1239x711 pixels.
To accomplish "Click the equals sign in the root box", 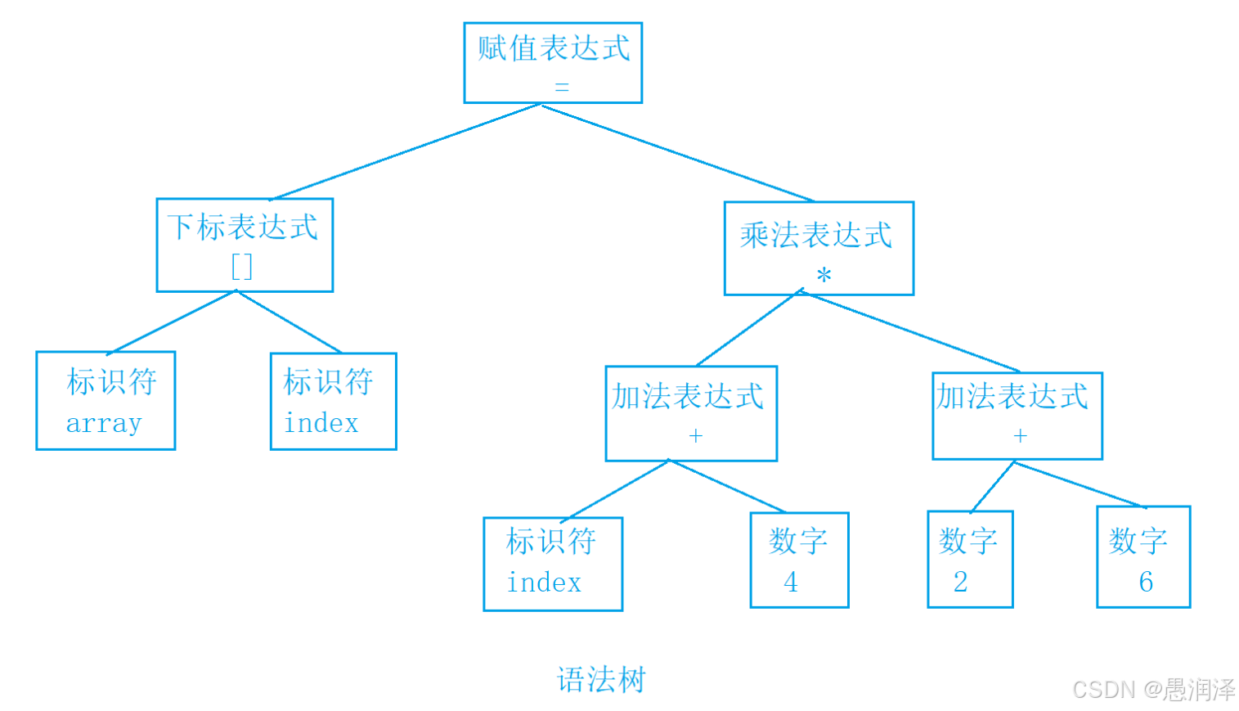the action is tap(562, 87).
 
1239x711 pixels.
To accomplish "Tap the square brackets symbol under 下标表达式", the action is tap(242, 267).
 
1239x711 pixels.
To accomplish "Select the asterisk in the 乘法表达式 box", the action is tap(824, 274).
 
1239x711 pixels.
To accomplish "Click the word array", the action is tap(104, 424).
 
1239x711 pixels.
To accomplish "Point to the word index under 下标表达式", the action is tap(321, 423).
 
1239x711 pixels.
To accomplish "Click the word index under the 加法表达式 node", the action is tap(545, 582).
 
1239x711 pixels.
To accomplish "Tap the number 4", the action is tap(791, 582).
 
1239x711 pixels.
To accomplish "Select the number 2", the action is tap(961, 582).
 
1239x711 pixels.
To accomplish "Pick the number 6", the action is tap(1146, 582).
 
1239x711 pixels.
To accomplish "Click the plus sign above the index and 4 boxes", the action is tap(696, 436).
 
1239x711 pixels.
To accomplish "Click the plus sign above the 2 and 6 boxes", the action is tap(1021, 436).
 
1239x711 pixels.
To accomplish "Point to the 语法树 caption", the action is tap(601, 679).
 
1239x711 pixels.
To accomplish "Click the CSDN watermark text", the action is tap(1154, 690).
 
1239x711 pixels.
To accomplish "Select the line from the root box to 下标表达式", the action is tap(405, 151).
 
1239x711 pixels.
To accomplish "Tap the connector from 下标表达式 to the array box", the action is tap(172, 322).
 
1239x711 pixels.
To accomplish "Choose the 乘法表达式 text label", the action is tap(816, 235).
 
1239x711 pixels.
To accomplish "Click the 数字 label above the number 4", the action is tap(798, 541).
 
